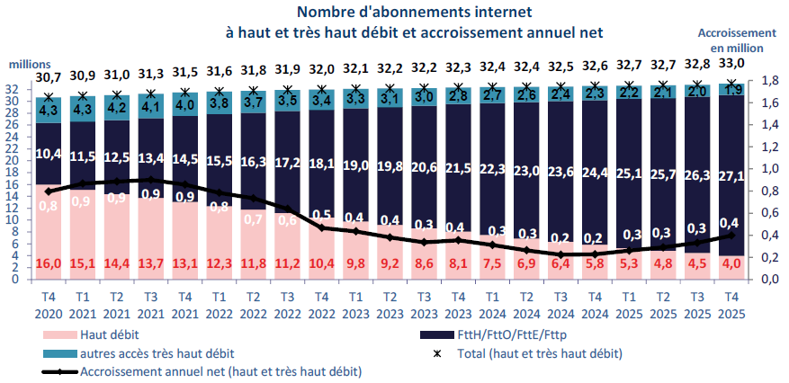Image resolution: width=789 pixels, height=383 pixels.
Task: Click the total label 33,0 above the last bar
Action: pos(732,63)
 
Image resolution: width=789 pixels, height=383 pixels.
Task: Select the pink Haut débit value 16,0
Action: pos(49,265)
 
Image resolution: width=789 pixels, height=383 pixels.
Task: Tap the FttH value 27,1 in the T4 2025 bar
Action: pos(732,173)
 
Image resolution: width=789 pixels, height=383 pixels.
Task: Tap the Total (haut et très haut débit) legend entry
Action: pos(531,352)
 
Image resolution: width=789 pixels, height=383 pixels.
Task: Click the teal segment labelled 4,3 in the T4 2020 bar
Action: pos(49,110)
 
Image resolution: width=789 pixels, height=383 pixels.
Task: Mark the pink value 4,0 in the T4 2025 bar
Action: pos(732,265)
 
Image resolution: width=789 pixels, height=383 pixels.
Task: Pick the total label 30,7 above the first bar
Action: pos(49,78)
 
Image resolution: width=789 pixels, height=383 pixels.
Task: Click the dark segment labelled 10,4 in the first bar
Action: pos(49,155)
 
